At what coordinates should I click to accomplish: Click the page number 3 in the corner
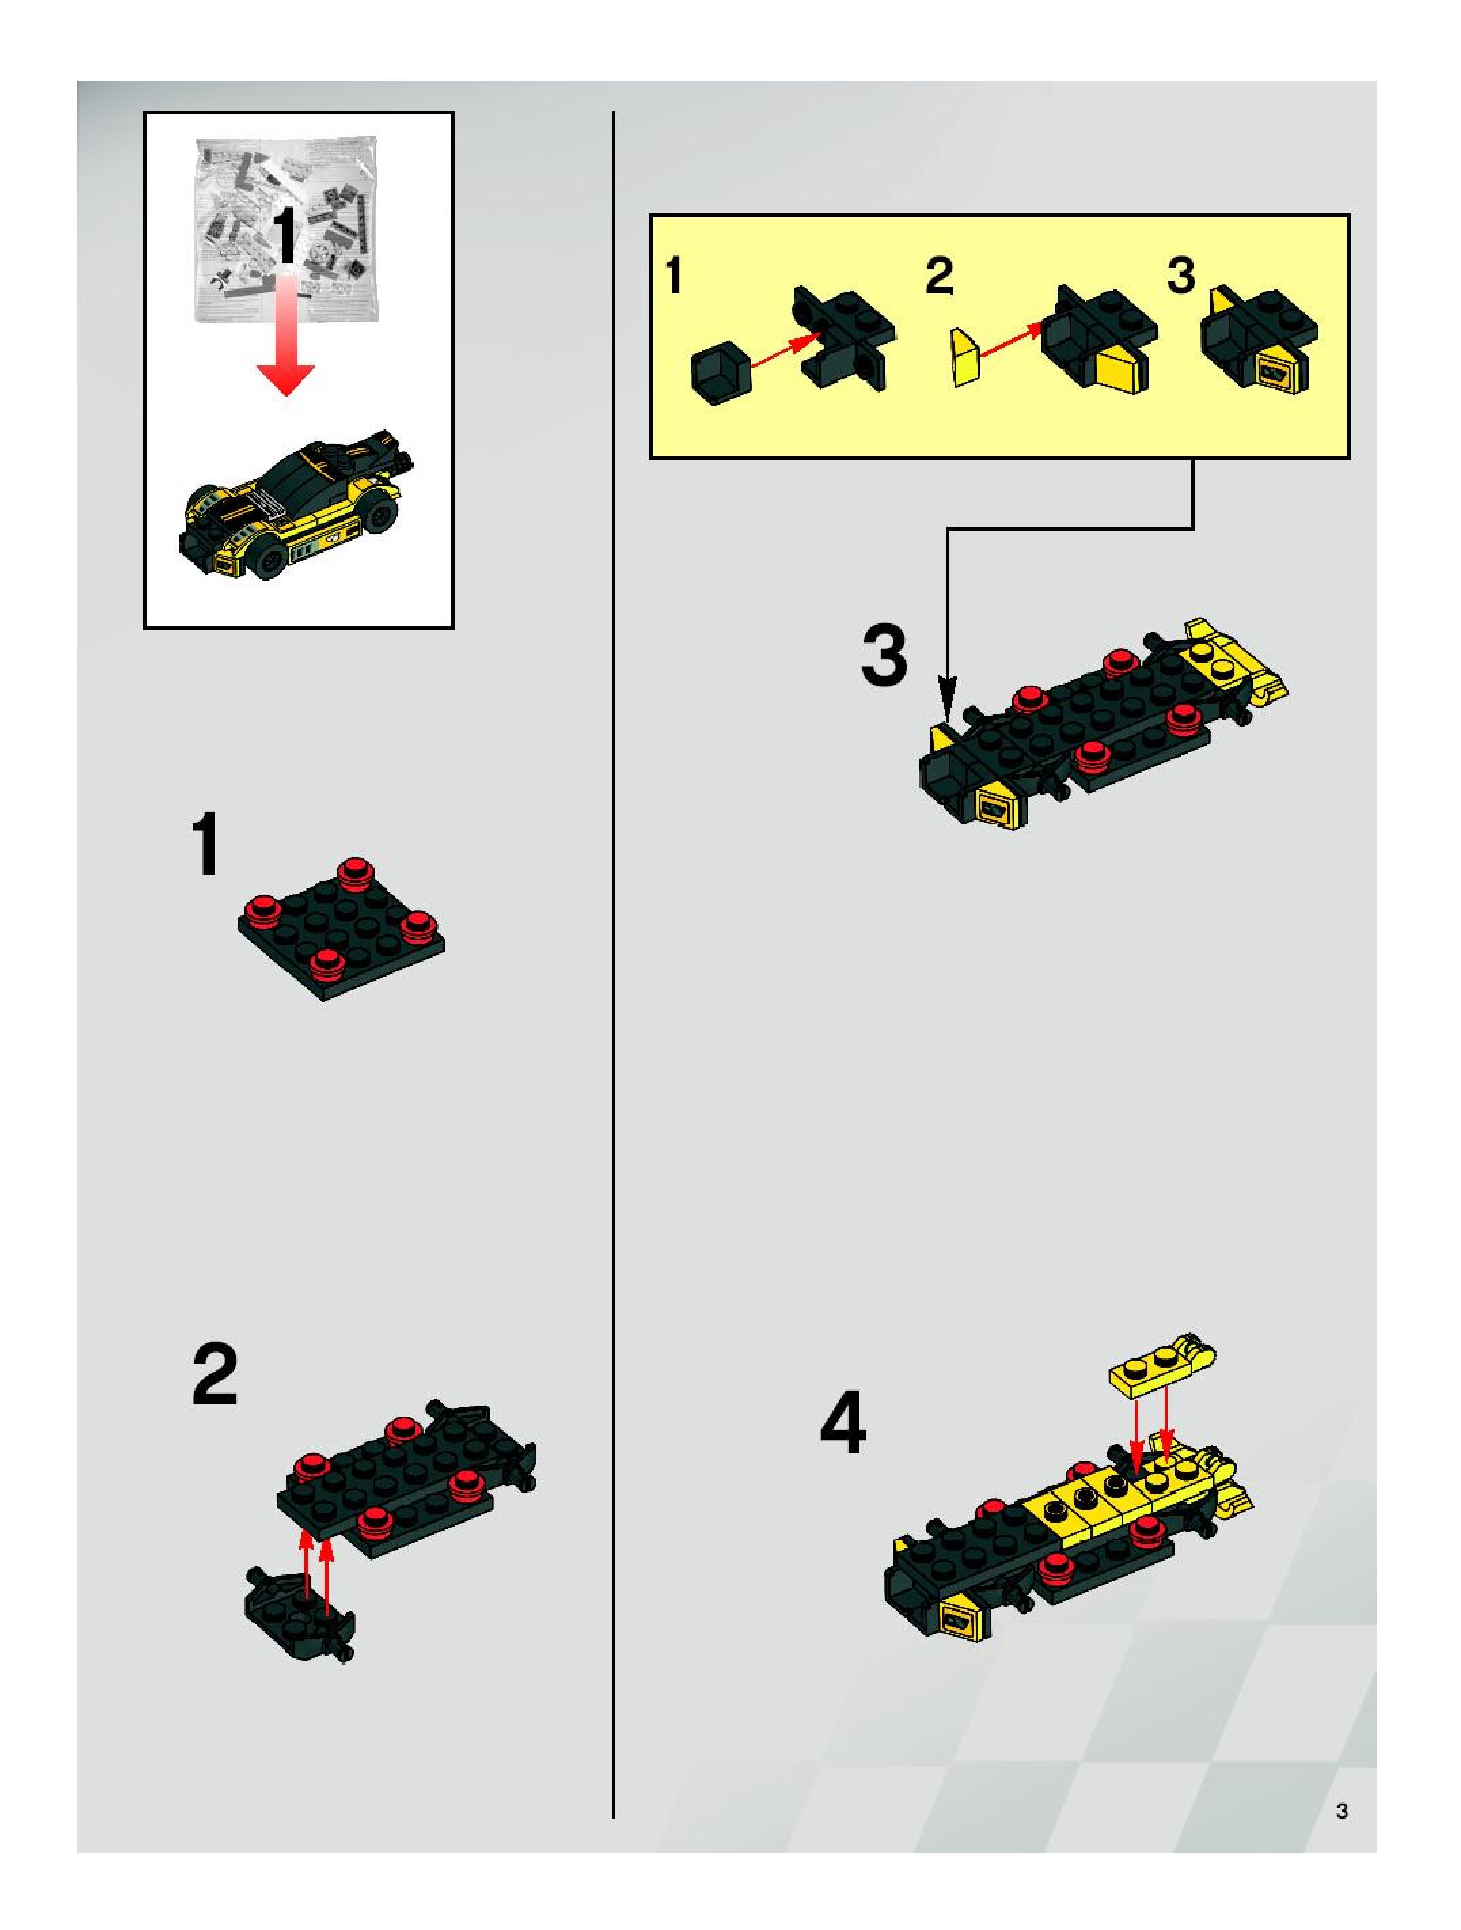tap(1342, 1810)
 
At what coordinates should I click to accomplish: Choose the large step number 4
tap(843, 1423)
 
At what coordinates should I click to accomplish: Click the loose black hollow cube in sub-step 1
tap(720, 374)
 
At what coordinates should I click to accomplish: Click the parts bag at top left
tap(286, 229)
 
